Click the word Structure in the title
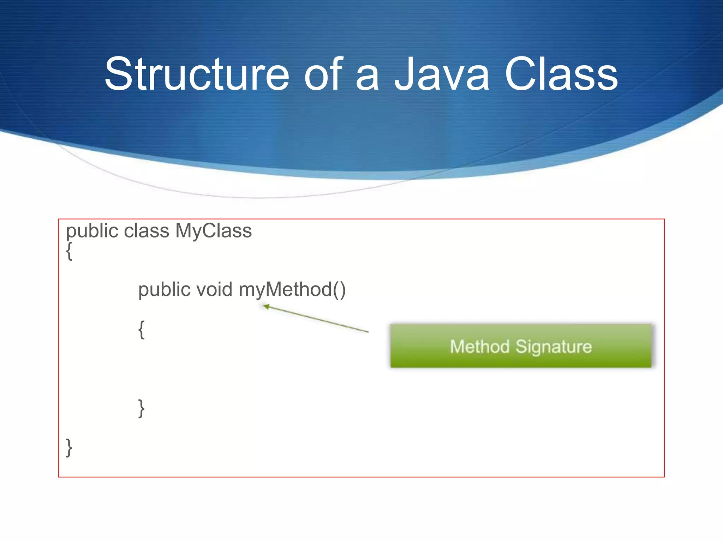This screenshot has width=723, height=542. click(x=197, y=75)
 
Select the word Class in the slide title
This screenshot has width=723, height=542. click(x=561, y=75)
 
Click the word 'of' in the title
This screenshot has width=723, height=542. click(x=323, y=75)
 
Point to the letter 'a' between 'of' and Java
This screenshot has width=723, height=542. click(x=367, y=78)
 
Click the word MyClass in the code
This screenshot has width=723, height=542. click(x=213, y=231)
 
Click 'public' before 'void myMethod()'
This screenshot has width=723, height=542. click(x=164, y=290)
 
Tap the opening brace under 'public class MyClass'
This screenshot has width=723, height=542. click(x=70, y=251)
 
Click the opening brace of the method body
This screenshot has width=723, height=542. click(x=142, y=330)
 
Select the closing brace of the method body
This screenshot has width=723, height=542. click(x=141, y=409)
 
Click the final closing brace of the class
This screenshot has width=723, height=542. click(x=69, y=448)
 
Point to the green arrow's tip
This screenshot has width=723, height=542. click(x=264, y=306)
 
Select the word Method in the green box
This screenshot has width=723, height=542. click(x=479, y=347)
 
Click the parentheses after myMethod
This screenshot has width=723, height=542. click(x=339, y=290)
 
